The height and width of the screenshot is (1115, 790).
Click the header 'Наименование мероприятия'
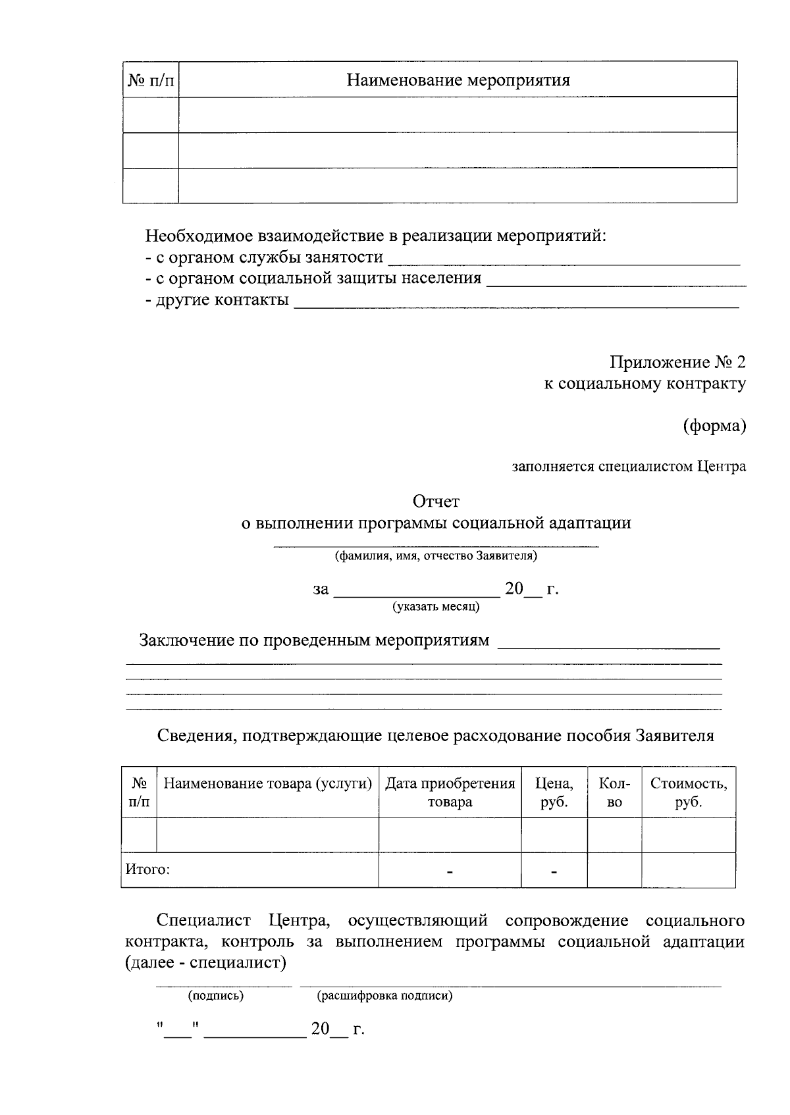click(x=458, y=80)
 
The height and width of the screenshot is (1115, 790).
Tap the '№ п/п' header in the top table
click(x=151, y=80)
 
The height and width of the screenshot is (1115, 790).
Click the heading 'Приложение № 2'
click(x=677, y=362)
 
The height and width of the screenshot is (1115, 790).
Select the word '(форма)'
click(x=714, y=426)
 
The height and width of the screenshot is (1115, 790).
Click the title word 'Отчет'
click(x=436, y=502)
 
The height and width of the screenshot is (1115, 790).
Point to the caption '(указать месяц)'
click(x=436, y=606)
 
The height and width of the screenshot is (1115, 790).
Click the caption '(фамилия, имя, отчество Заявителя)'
click(x=436, y=556)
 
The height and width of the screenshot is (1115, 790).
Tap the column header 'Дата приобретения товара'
click(x=450, y=792)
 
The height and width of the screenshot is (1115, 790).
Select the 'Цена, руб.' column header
click(x=554, y=792)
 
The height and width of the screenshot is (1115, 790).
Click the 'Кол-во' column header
click(x=614, y=792)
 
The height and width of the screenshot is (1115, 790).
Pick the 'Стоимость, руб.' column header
click(x=689, y=792)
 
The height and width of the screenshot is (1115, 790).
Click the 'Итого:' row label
click(x=147, y=869)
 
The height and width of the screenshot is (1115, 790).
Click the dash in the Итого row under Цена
click(x=554, y=872)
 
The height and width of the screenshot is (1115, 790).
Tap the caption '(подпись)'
click(x=216, y=996)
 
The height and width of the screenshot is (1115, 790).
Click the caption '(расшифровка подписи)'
click(x=385, y=996)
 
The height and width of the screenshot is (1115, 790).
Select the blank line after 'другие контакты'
click(x=516, y=305)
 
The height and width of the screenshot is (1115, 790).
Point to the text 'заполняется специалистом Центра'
click(x=629, y=467)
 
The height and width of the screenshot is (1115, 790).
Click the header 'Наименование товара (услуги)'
click(x=268, y=784)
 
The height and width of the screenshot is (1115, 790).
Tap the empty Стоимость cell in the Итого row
click(x=689, y=870)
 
